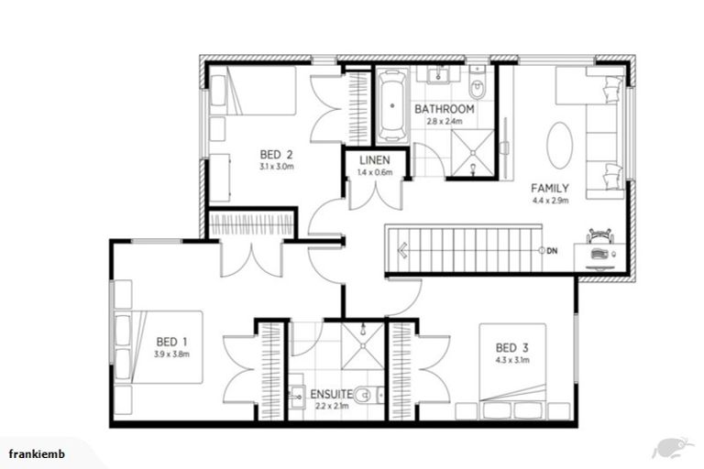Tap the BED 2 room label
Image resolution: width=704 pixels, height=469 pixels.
[x=276, y=154]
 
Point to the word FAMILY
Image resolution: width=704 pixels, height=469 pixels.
[x=550, y=188]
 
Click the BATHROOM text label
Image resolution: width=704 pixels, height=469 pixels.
[x=444, y=109]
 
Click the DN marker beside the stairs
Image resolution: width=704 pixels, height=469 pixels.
[x=552, y=250]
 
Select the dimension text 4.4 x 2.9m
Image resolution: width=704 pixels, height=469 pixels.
[x=550, y=200]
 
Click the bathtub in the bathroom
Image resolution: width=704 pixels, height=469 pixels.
[x=392, y=104]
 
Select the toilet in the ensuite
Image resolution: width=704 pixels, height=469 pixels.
[x=365, y=397]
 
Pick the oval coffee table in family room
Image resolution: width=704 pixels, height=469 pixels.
[x=561, y=146]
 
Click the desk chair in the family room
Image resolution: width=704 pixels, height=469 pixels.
[x=599, y=236]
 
